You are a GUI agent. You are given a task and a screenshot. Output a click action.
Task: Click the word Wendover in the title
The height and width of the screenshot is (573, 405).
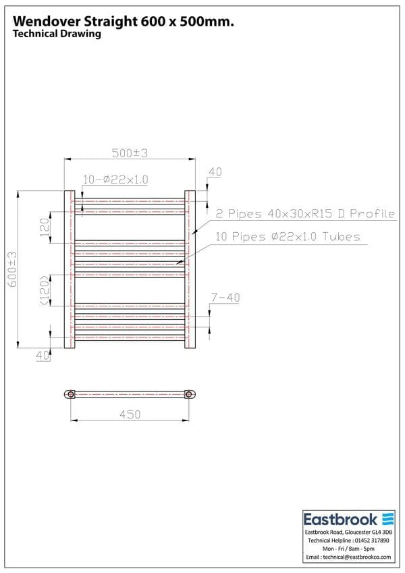45,22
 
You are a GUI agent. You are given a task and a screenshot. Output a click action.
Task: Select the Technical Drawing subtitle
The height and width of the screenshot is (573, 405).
57,34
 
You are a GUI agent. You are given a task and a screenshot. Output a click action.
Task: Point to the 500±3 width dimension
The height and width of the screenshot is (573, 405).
130,153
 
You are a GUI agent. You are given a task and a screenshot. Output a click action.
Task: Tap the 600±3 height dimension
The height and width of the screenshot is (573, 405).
12,269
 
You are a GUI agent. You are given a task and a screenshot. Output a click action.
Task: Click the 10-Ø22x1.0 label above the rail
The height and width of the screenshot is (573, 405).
115,180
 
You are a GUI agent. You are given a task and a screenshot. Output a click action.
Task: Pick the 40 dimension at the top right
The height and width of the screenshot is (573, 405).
215,172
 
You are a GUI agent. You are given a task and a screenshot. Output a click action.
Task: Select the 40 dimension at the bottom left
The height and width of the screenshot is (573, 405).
43,355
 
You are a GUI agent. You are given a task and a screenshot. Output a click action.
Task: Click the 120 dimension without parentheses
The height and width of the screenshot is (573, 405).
44,228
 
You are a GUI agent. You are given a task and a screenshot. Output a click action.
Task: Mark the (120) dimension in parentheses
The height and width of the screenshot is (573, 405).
44,290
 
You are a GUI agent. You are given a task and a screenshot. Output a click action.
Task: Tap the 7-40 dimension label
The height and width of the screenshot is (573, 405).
225,298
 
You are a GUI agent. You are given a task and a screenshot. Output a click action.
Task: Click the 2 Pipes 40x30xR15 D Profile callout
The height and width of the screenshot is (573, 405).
304,214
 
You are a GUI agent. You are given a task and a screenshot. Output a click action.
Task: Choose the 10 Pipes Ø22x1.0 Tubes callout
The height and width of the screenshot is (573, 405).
288,237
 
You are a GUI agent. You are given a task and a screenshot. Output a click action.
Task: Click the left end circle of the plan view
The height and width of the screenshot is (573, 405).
70,394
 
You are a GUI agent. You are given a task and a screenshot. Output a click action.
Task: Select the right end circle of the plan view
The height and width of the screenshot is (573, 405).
190,394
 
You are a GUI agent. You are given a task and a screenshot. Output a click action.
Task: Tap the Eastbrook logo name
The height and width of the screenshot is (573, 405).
340,520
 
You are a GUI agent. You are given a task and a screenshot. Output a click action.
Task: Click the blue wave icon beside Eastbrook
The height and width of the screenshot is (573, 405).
387,519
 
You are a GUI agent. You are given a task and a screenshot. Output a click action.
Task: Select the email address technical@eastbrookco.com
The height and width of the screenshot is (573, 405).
348,557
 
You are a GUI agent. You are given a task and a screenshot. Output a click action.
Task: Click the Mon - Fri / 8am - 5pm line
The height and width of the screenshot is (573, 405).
348,549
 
